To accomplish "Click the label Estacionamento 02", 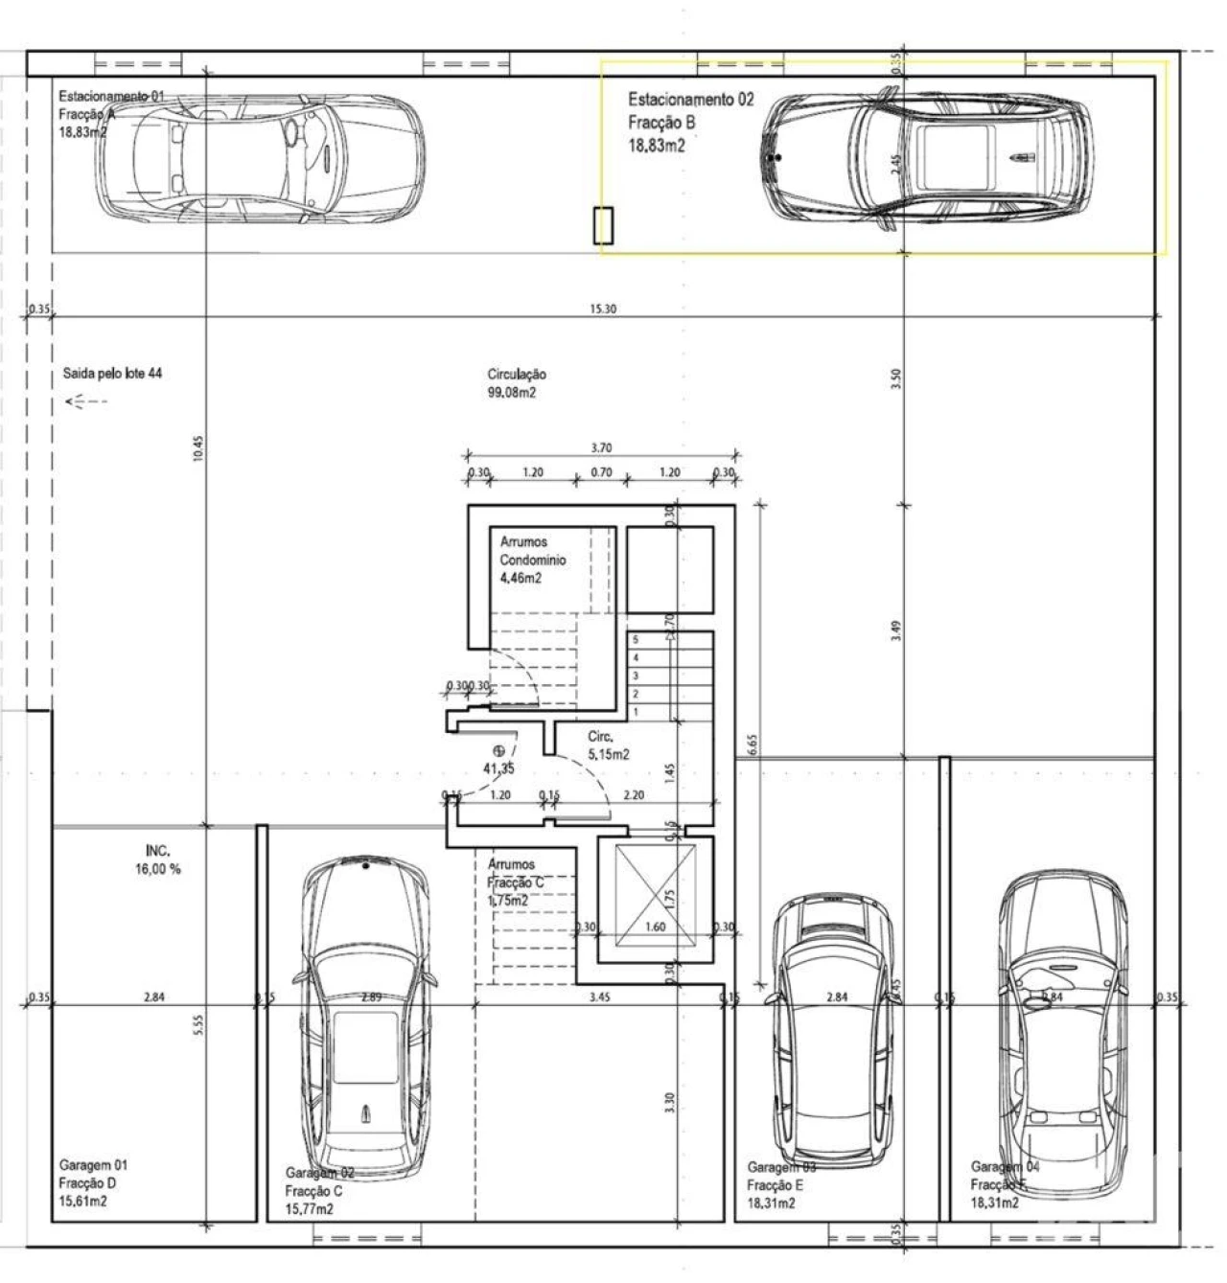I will pos(690,100).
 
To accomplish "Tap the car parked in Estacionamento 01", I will pos(260,158).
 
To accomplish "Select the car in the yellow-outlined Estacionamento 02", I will pos(928,157).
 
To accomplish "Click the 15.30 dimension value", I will pos(603,309).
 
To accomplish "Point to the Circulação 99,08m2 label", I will pos(517,383).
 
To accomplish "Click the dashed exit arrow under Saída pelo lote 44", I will pos(86,401).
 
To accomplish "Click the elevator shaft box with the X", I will pos(656,900).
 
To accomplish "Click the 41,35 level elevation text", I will pos(498,768).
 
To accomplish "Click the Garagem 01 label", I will pos(92,1166).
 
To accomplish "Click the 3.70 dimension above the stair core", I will pos(602,447).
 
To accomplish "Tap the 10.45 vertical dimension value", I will pos(198,450).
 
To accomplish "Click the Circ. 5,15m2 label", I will pos(608,745).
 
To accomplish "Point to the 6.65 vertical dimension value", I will pos(752,745).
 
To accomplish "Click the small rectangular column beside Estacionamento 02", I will pos(603,226).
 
